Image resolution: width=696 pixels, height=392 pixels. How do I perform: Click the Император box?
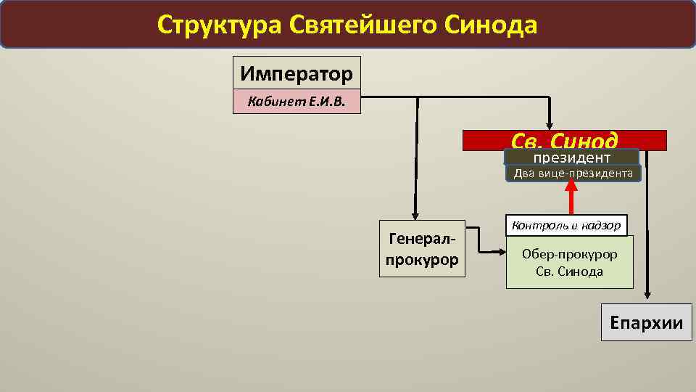pos(297,73)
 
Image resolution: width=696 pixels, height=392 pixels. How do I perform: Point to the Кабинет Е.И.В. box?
pos(297,102)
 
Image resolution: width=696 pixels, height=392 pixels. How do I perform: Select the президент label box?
pos(571,158)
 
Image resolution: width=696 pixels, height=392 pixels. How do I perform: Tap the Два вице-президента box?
pos(573,173)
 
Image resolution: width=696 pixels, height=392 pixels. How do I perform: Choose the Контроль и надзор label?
pos(566,225)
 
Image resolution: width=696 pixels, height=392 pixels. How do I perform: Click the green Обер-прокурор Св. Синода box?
pos(569,263)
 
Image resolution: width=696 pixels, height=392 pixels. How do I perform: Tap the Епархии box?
pos(647,322)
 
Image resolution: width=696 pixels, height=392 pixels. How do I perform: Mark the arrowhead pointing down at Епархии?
pos(647,294)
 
